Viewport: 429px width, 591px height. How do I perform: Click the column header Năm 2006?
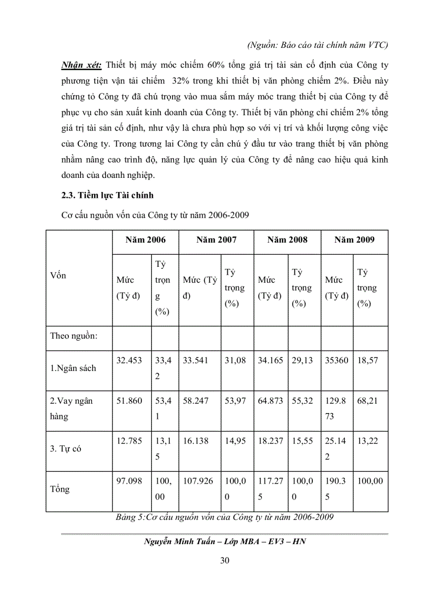click(x=145, y=240)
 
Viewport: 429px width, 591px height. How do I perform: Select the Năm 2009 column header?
click(x=354, y=240)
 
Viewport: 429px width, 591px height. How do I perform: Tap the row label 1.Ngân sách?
click(x=73, y=368)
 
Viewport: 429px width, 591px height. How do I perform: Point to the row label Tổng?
click(x=60, y=489)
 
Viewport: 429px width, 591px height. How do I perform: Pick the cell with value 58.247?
click(x=196, y=401)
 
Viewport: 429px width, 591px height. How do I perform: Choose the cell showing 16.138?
click(x=196, y=442)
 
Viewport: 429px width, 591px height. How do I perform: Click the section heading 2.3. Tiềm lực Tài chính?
click(x=108, y=196)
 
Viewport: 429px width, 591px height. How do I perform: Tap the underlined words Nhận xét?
click(x=82, y=65)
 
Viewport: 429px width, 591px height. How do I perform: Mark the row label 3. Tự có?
click(x=66, y=449)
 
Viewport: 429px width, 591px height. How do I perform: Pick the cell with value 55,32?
click(x=302, y=401)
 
